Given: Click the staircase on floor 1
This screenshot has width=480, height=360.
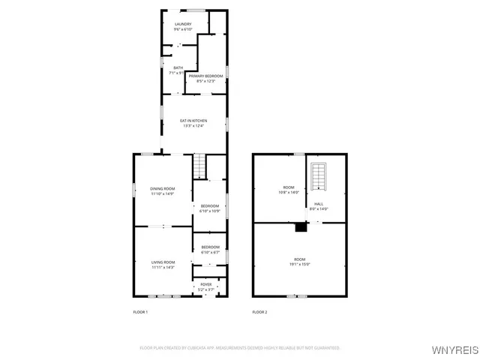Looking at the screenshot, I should tap(199, 166).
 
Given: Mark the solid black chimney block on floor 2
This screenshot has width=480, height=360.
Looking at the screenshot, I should tap(301, 227).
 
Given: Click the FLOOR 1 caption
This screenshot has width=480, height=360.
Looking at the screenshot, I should tap(140, 311).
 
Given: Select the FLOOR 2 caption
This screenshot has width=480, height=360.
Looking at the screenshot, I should tap(259, 311).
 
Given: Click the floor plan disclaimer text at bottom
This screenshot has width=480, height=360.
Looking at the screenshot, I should tap(240, 348).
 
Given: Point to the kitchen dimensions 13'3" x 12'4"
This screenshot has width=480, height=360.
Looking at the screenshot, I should tap(193, 126).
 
